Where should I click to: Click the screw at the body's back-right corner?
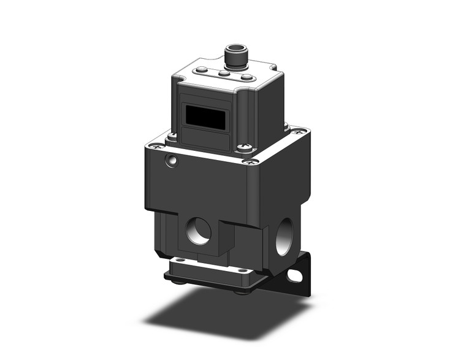pyautogui.click(x=299, y=131)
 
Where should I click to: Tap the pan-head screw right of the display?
pyautogui.click(x=246, y=147)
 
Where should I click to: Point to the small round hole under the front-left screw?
pyautogui.click(x=172, y=161)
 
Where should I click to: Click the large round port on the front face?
pyautogui.click(x=199, y=232)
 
